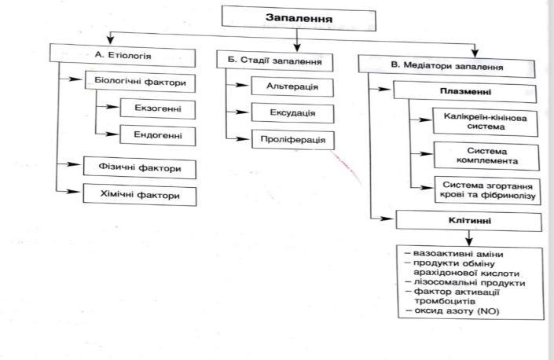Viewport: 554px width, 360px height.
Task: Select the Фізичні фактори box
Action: tap(139, 167)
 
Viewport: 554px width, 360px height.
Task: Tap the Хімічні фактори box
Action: tap(139, 193)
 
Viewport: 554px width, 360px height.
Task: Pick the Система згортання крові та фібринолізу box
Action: tap(485, 189)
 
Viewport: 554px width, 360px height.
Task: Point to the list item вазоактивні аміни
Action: tap(453, 254)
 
